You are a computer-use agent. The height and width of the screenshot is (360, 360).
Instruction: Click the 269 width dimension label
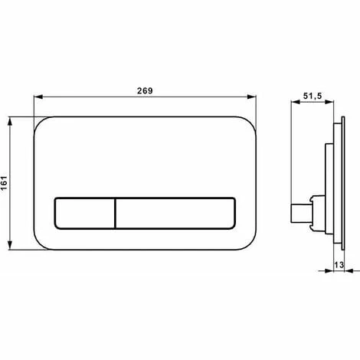point(145,90)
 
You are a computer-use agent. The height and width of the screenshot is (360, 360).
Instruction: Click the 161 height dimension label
point(4,183)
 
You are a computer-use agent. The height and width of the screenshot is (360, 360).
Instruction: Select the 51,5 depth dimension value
point(313,96)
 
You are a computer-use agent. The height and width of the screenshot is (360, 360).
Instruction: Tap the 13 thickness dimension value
point(339,265)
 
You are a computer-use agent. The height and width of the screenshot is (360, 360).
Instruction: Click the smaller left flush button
point(85,213)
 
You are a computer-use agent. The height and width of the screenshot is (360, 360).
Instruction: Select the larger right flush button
point(175,213)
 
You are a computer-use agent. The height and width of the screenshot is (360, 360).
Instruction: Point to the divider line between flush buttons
point(116,213)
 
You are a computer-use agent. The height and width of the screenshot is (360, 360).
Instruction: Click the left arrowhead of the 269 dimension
point(38,97)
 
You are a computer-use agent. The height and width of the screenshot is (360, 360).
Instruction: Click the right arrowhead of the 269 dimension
point(252,97)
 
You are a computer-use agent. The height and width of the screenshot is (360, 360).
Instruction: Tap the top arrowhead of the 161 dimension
point(10,121)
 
